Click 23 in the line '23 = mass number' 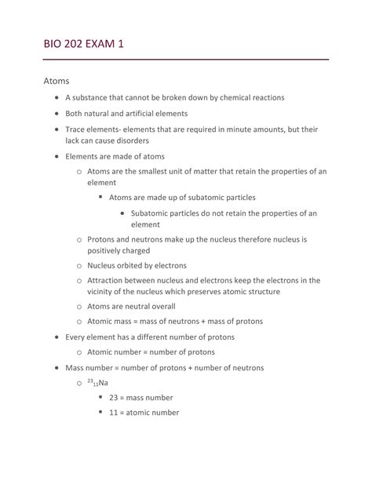[x=115, y=398]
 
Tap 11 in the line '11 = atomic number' [x=115, y=413]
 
